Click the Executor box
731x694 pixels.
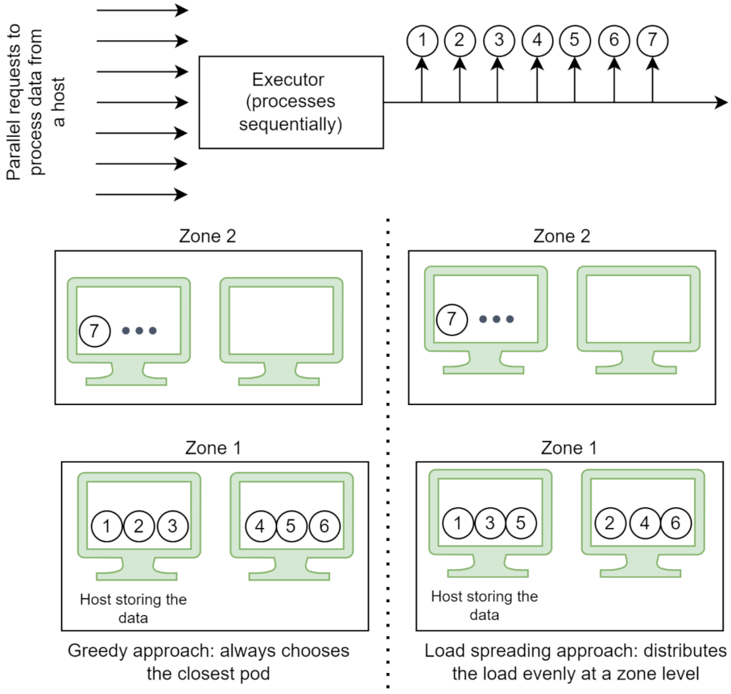point(291,102)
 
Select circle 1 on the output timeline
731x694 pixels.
point(421,39)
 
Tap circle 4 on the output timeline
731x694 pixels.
point(536,39)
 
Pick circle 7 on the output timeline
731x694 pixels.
point(652,39)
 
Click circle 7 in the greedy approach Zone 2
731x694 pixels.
point(95,330)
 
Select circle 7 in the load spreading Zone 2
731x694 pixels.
point(452,319)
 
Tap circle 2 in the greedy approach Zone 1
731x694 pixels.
point(138,527)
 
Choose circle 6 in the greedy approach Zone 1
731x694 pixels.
point(324,527)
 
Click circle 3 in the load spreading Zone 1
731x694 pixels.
point(489,523)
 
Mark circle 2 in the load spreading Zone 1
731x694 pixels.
point(610,523)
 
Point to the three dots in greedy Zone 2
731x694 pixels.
point(139,331)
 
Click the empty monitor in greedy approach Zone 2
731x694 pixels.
point(281,320)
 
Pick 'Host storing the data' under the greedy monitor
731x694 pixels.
point(134,608)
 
